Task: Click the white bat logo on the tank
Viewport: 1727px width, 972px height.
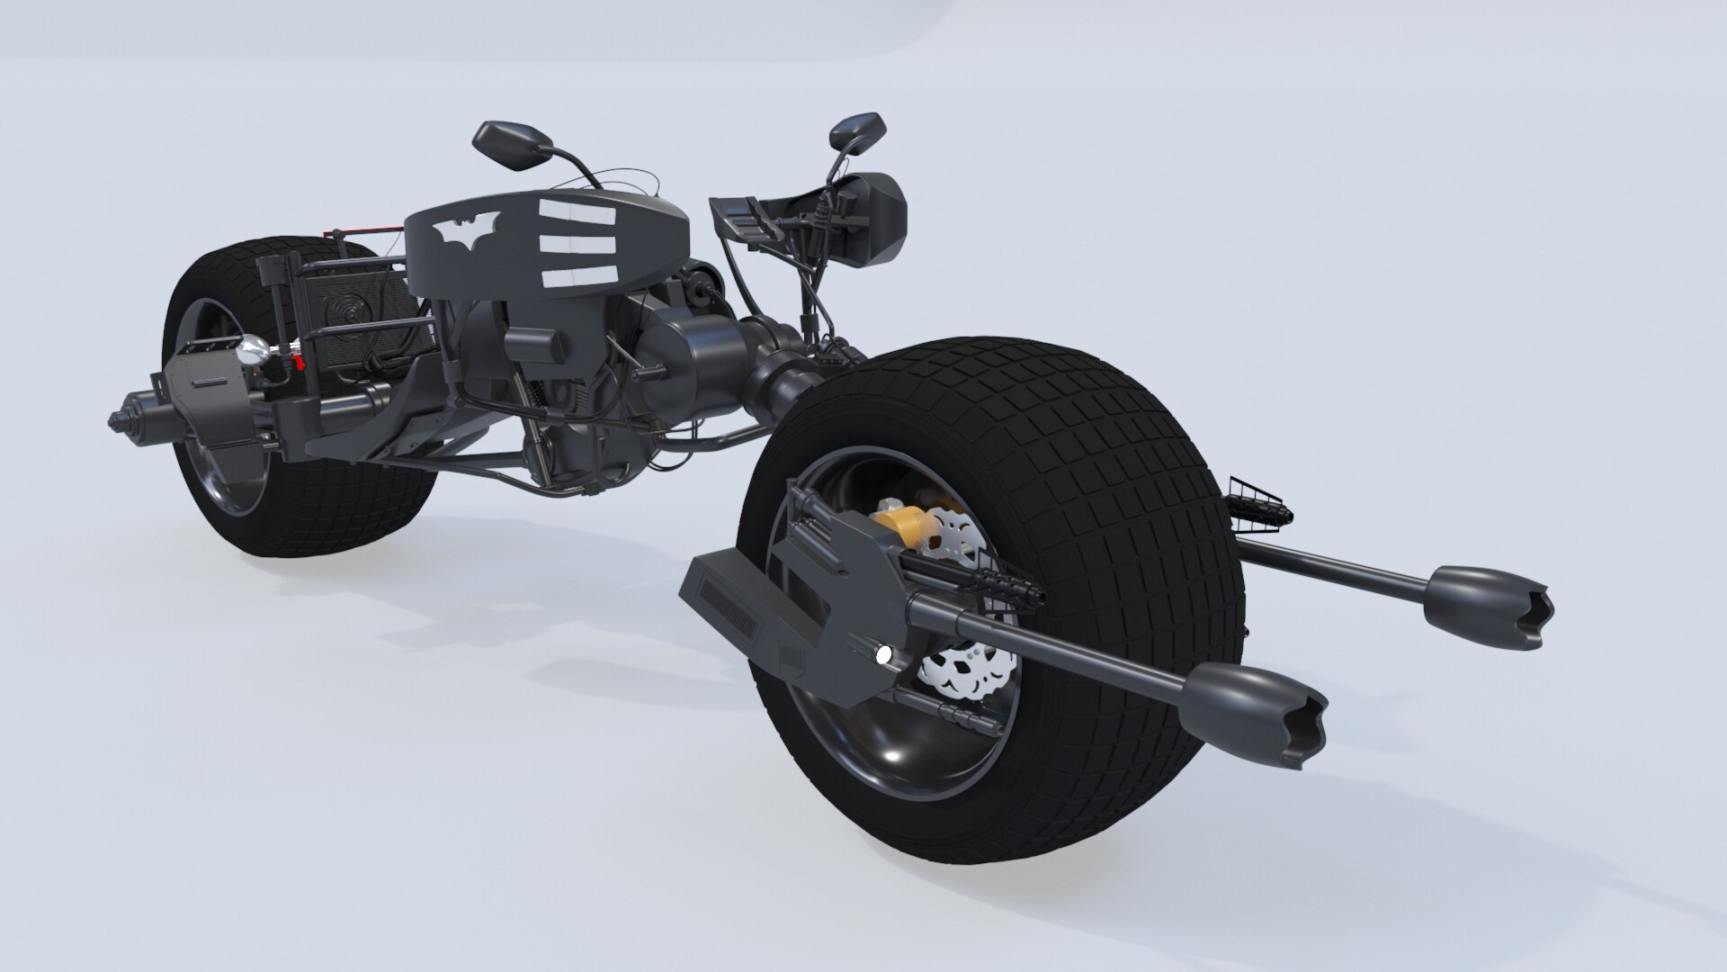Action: pyautogui.click(x=466, y=233)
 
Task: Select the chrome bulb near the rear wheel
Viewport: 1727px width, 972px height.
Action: pyautogui.click(x=251, y=353)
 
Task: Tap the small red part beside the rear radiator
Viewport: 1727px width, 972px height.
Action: pyautogui.click(x=299, y=363)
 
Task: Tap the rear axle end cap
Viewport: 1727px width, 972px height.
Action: pyautogui.click(x=119, y=420)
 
